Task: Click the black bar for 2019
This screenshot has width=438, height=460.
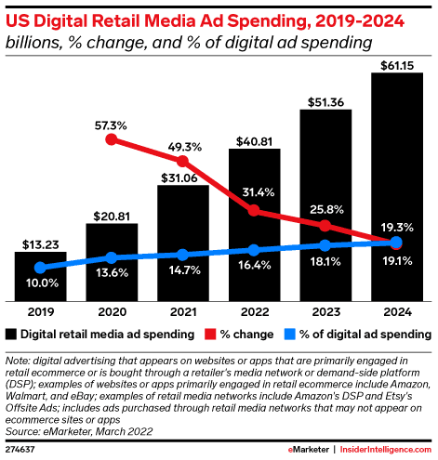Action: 40,275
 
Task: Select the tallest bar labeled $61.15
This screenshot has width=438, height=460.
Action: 397,186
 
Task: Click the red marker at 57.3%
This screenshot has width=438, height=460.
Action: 112,139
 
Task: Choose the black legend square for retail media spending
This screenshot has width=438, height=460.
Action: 11,334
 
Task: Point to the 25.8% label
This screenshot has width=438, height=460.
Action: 325,205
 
